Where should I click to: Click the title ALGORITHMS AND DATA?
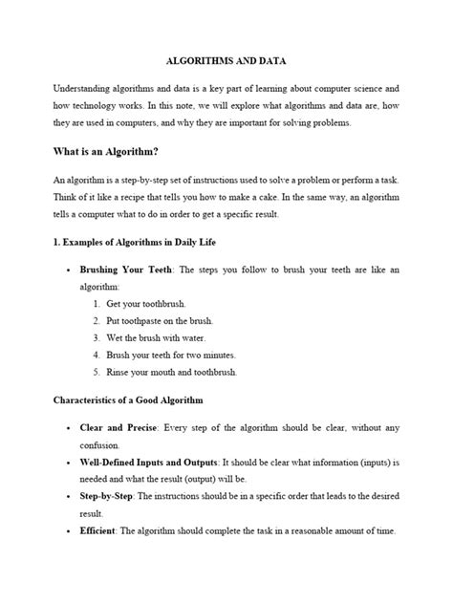[226, 59]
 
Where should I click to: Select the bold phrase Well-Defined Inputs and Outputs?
[149, 463]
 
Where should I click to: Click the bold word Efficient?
[102, 531]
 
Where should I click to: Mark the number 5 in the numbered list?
[97, 373]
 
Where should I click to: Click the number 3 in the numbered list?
[97, 338]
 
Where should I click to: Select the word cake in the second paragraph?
[259, 201]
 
